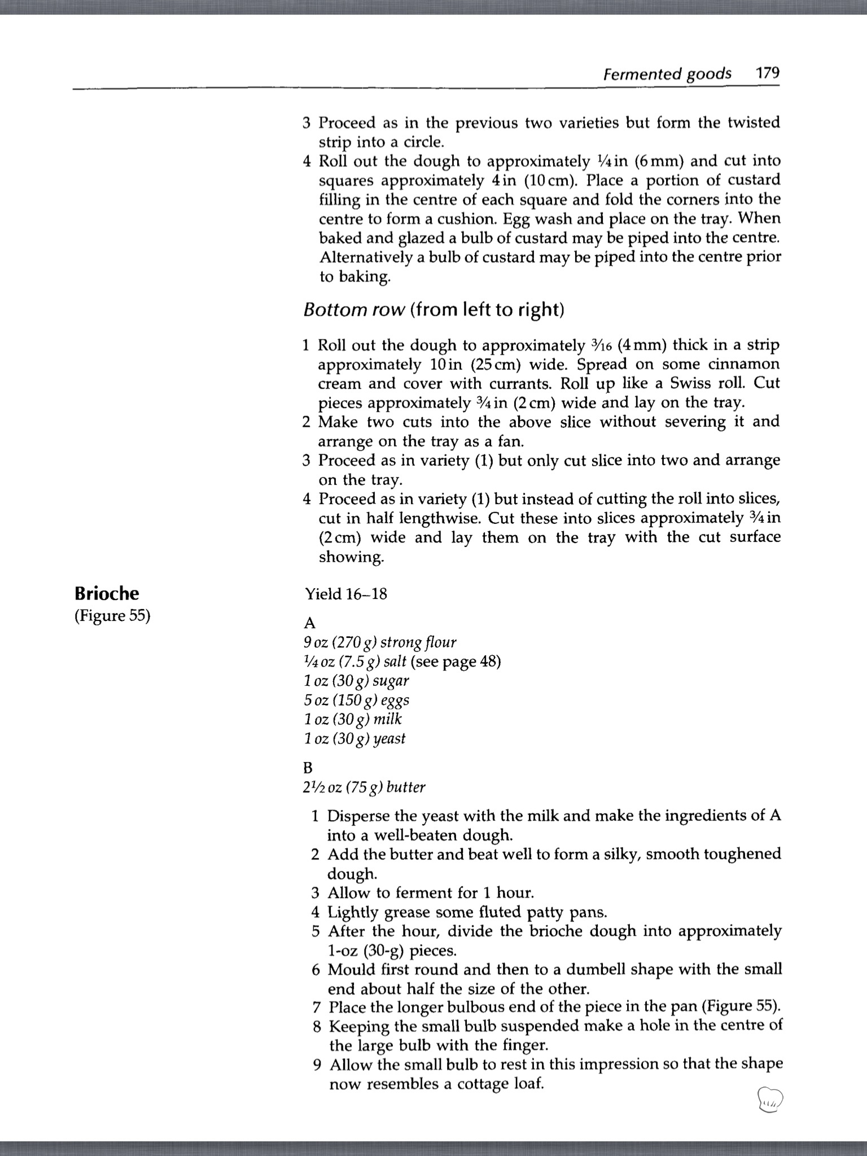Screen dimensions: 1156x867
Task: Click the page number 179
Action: pyautogui.click(x=768, y=73)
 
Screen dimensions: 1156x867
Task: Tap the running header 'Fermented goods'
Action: pyautogui.click(x=667, y=75)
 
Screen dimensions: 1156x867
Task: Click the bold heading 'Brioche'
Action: pyautogui.click(x=107, y=593)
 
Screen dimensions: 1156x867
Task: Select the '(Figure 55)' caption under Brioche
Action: pyautogui.click(x=112, y=615)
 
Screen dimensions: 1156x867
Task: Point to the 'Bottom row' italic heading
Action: pyautogui.click(x=354, y=310)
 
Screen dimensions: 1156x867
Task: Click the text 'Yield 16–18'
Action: pyautogui.click(x=346, y=594)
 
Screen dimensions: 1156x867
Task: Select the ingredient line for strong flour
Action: pyautogui.click(x=380, y=642)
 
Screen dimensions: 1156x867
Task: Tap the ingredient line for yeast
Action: pyautogui.click(x=354, y=738)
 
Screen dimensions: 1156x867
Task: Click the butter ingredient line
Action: pyautogui.click(x=364, y=787)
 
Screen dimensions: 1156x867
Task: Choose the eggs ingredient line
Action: pyautogui.click(x=357, y=700)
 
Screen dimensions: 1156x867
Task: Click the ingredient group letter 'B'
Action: pyautogui.click(x=308, y=768)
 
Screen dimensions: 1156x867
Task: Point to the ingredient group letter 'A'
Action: pyautogui.click(x=309, y=623)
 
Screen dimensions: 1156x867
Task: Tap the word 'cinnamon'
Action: pyautogui.click(x=743, y=364)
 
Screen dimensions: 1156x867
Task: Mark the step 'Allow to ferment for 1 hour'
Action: pyautogui.click(x=431, y=892)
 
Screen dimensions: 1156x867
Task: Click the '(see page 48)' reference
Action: pyautogui.click(x=456, y=662)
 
